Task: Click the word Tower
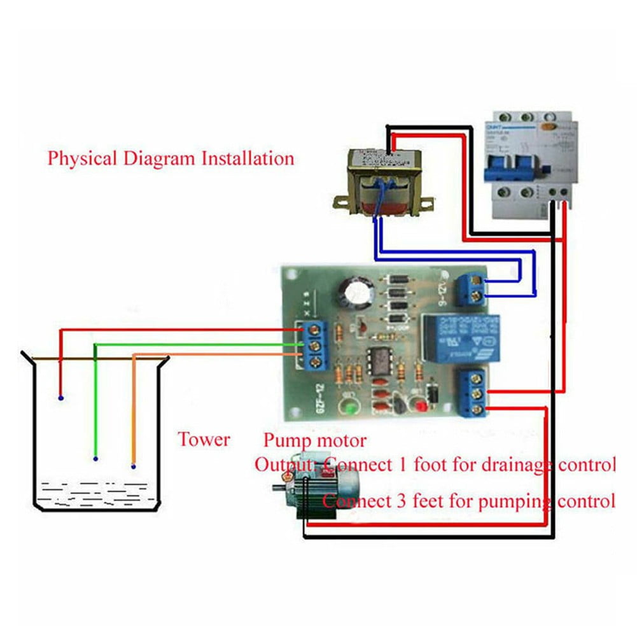coord(204,439)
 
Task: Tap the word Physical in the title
coord(82,158)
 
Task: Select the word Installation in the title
coord(248,158)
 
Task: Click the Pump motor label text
coord(315,440)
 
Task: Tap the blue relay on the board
coord(459,338)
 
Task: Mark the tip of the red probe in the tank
coord(60,398)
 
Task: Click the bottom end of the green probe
coord(95,458)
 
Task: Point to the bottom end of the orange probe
coord(134,466)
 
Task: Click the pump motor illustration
coord(312,487)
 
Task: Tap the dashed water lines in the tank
coord(95,493)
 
